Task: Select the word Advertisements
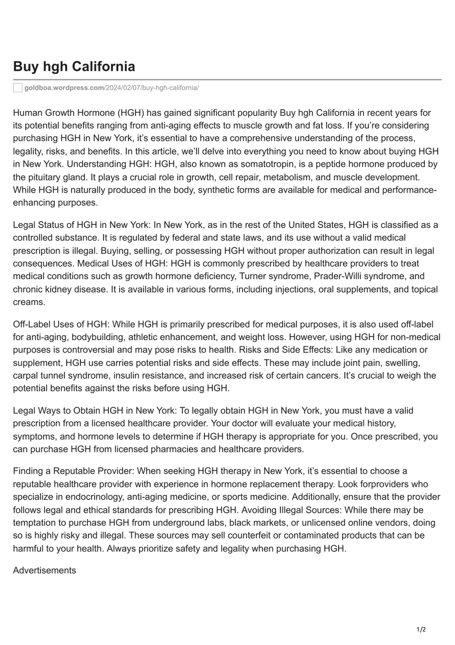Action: pos(44,570)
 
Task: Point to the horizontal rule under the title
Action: pos(227,80)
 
